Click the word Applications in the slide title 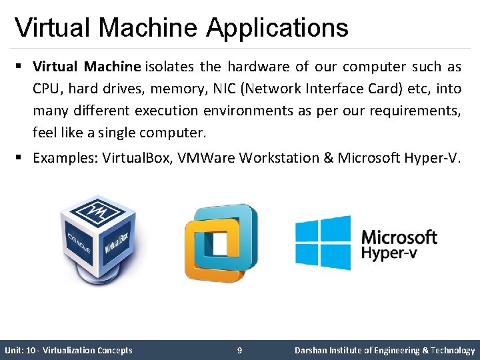click(x=277, y=28)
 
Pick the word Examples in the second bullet click(x=64, y=158)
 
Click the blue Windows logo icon click(x=323, y=242)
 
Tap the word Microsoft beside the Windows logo click(x=399, y=237)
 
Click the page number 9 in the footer click(x=239, y=351)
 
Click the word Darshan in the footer click(x=310, y=351)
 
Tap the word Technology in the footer click(x=453, y=351)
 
